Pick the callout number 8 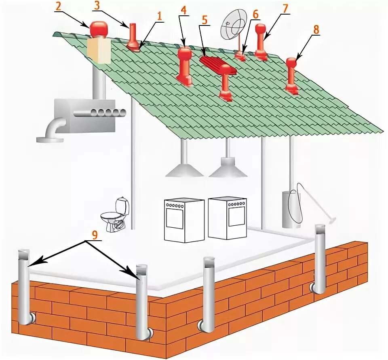click(316, 30)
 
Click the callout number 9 click(94, 235)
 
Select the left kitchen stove click(184, 220)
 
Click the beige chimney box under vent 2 click(99, 50)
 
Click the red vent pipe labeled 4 click(185, 65)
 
